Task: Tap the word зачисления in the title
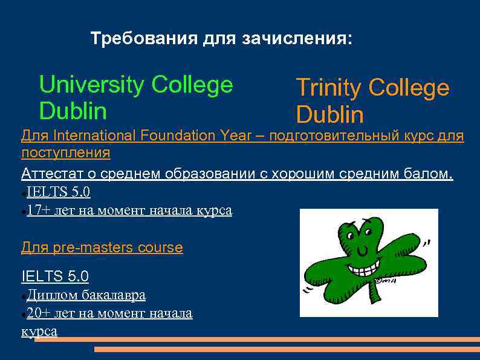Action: [297, 39]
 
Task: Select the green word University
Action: [91, 85]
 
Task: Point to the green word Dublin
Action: [73, 111]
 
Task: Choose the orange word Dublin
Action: [329, 115]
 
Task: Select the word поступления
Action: [66, 153]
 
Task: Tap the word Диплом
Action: [52, 295]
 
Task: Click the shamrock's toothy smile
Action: [366, 264]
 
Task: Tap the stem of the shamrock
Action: [375, 293]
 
